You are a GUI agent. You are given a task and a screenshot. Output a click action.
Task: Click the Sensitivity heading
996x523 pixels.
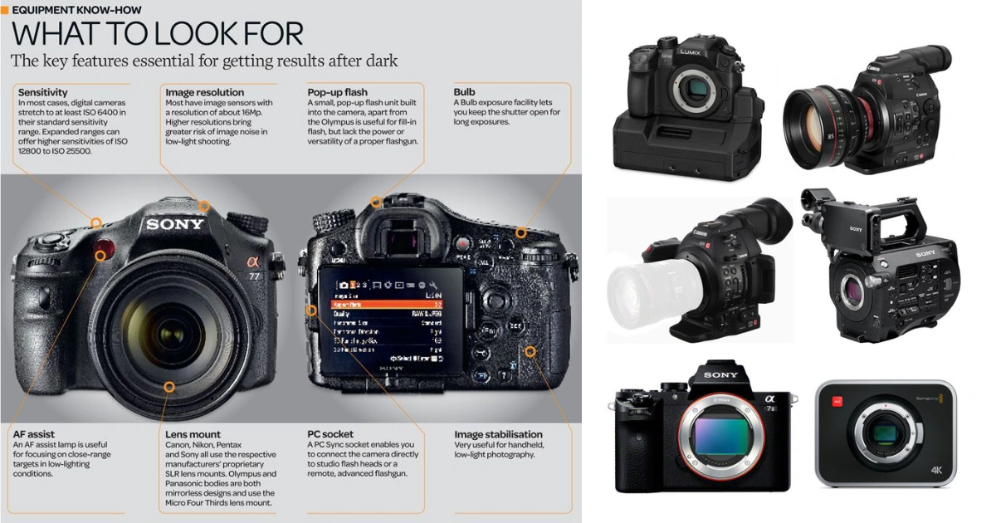43,92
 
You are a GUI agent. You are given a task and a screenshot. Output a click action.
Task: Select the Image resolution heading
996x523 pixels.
204,92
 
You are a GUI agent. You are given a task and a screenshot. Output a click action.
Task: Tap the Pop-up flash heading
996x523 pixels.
337,92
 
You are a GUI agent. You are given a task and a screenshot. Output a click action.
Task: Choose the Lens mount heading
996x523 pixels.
193,434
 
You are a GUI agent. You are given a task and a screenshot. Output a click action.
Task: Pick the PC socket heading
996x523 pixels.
330,434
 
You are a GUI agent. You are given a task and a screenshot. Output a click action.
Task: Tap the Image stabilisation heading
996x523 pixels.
498,434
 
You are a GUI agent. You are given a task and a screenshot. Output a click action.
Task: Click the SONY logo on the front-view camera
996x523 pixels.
174,224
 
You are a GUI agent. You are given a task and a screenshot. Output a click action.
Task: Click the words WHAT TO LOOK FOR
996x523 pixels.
157,35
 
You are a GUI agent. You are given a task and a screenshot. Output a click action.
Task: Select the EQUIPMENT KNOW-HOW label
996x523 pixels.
76,10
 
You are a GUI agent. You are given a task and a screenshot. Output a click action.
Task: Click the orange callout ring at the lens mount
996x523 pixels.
169,386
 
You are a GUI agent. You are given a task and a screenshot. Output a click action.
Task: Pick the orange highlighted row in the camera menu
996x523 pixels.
388,305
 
